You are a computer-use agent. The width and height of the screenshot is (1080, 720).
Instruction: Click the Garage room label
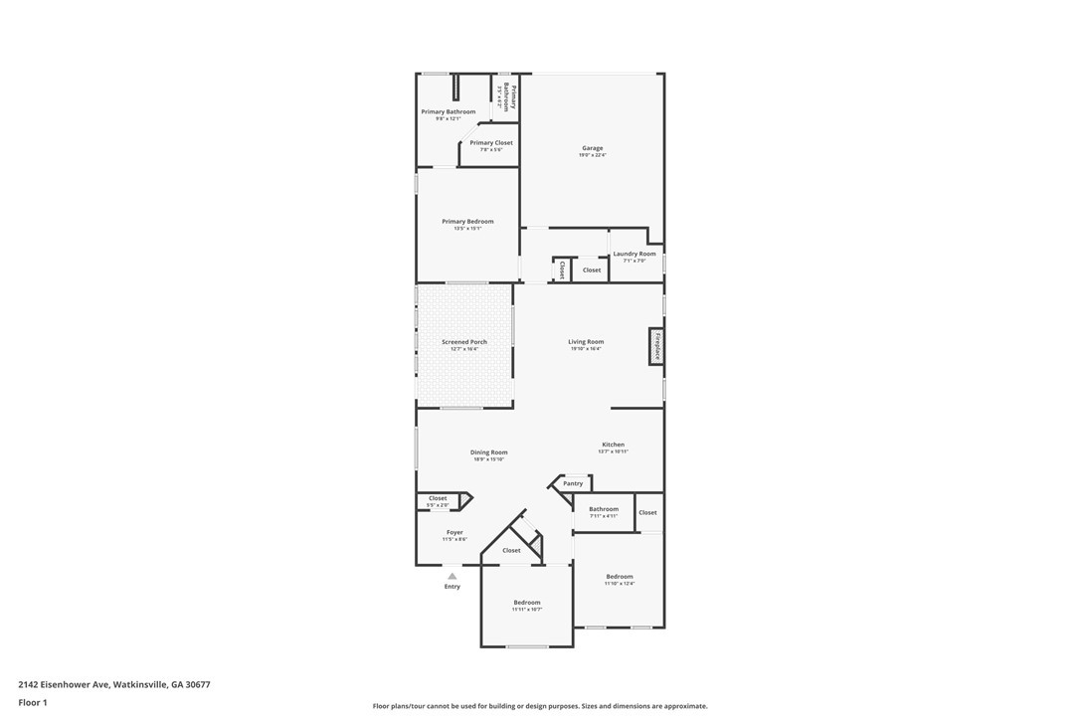click(592, 148)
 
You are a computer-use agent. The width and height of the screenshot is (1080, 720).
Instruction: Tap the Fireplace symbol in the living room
click(656, 346)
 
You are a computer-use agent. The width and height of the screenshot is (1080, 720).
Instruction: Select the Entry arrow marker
click(452, 576)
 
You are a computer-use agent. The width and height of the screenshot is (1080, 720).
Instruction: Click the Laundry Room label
click(633, 254)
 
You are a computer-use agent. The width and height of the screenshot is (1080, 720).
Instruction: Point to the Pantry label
click(573, 483)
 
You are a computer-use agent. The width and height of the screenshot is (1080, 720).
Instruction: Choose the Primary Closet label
click(491, 142)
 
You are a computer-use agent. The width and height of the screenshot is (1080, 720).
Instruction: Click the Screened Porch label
click(464, 342)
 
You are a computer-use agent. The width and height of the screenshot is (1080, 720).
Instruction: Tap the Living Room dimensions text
click(586, 349)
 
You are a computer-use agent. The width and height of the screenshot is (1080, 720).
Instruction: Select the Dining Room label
click(488, 452)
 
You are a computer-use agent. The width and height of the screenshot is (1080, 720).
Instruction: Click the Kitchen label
click(613, 445)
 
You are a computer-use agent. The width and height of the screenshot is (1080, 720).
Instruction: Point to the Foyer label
click(454, 532)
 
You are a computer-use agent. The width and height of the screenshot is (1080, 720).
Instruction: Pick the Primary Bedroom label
click(467, 222)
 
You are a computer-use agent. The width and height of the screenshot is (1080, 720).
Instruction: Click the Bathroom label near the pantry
click(603, 509)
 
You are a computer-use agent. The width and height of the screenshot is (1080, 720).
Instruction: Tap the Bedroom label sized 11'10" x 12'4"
click(620, 577)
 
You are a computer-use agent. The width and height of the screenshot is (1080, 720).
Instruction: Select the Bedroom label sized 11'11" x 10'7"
click(527, 603)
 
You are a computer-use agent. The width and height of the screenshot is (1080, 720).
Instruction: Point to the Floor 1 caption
click(33, 702)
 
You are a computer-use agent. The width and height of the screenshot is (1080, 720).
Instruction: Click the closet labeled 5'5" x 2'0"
click(438, 498)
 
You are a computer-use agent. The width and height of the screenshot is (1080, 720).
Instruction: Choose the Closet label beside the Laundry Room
click(592, 270)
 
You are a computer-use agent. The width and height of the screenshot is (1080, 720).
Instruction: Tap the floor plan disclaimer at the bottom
click(540, 706)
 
